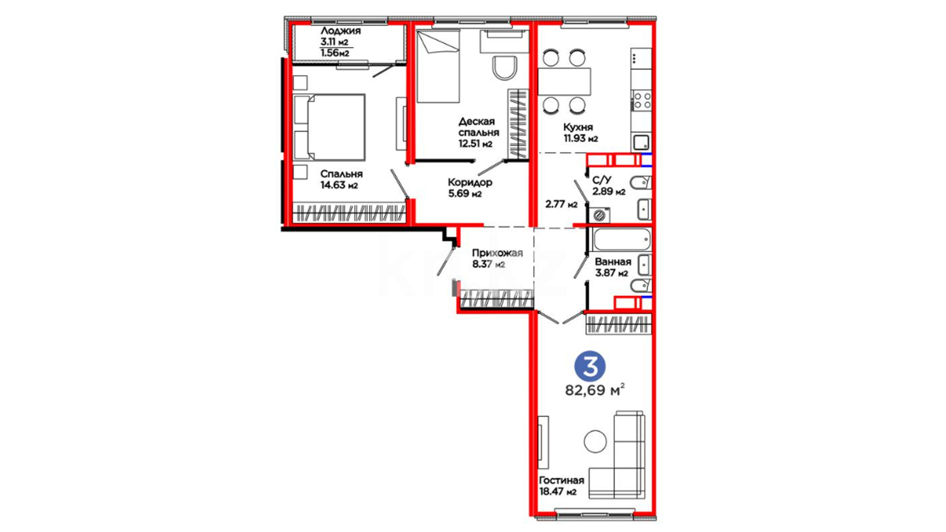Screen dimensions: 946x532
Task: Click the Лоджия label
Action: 340,31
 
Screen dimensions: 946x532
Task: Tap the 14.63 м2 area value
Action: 339,186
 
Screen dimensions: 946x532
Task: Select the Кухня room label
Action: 578,127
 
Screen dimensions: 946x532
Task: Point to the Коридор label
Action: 470,182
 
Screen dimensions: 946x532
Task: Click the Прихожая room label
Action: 497,253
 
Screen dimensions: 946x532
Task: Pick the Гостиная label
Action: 561,480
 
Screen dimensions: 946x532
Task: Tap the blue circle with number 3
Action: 590,366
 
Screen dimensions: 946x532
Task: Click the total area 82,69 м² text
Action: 595,390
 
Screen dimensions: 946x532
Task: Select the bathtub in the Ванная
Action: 622,240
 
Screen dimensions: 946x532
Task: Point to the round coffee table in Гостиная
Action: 595,441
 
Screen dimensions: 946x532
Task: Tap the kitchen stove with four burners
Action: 642,100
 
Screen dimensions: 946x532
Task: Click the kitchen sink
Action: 642,143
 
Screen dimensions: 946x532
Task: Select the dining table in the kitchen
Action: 564,81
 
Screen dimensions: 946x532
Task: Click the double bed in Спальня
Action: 329,127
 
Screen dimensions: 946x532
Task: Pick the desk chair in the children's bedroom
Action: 505,67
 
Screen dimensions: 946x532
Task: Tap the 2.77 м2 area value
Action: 561,204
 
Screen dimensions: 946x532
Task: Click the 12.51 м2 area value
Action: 475,144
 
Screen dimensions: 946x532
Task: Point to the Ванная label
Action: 613,262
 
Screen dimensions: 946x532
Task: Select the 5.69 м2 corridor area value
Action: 465,194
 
